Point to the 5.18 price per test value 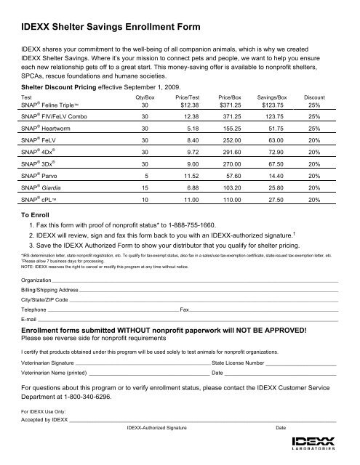pos(190,135)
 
